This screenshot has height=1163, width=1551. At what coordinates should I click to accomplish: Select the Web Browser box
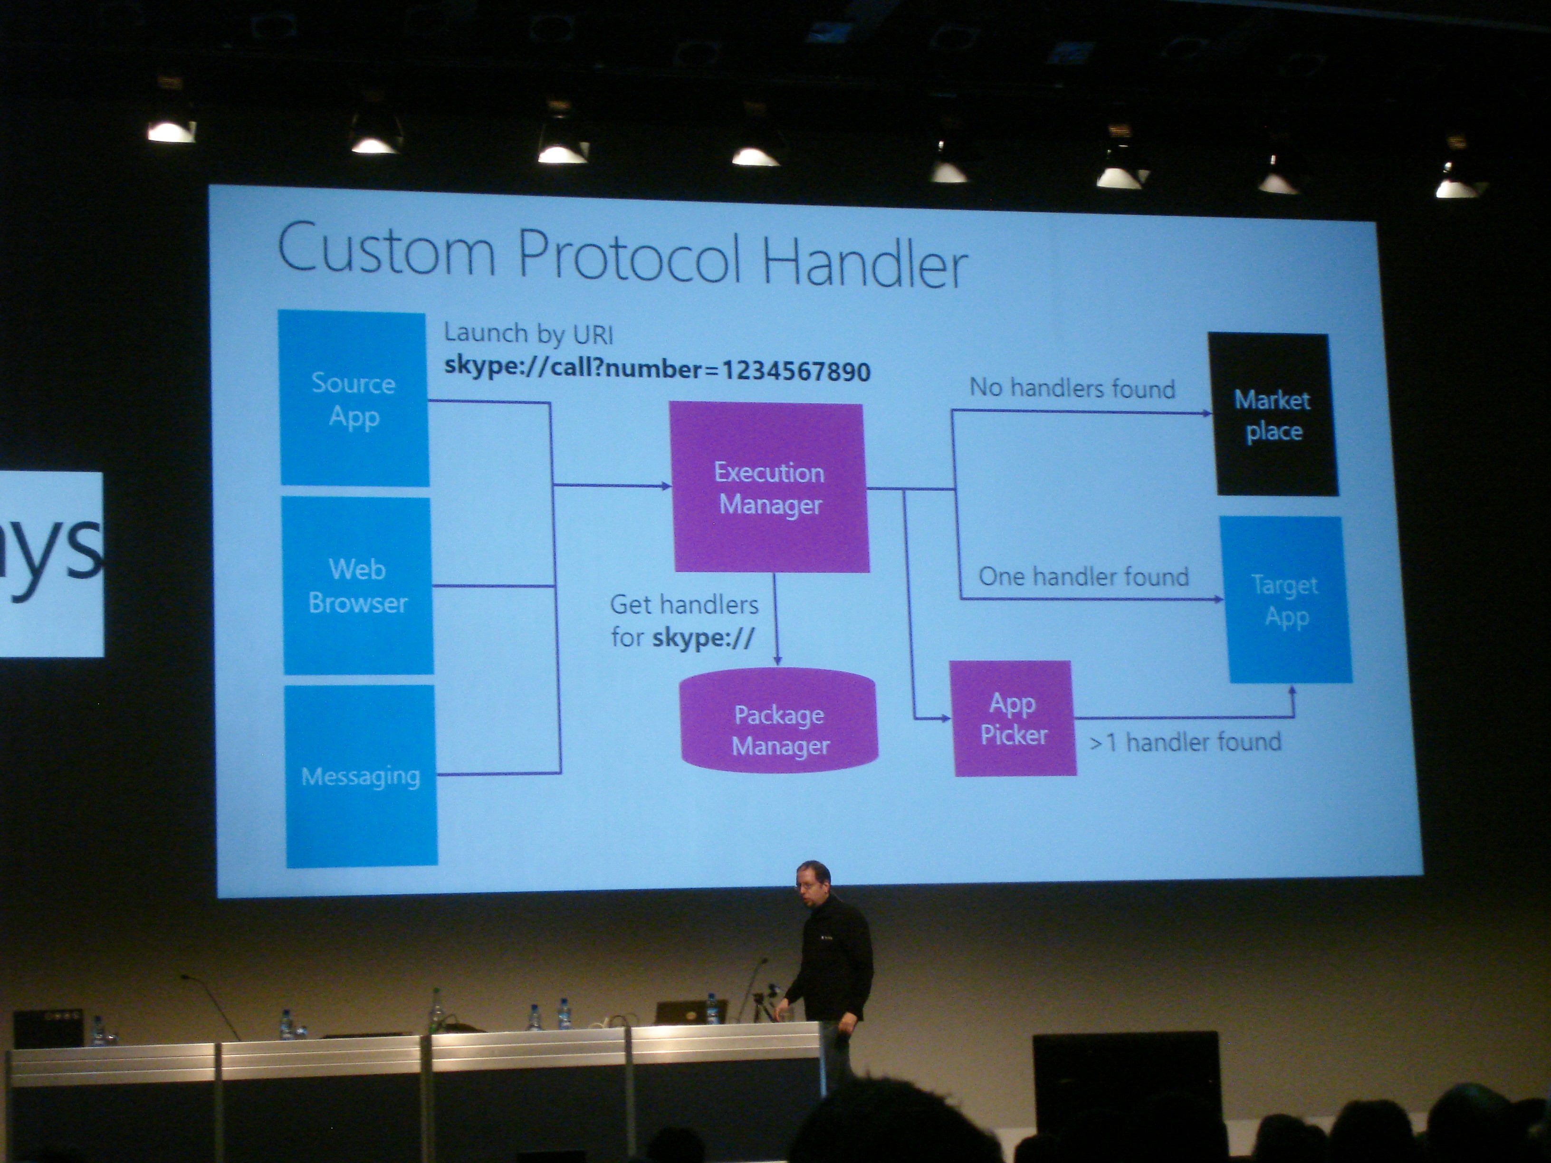[358, 586]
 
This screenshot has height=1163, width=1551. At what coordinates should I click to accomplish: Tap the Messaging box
[361, 776]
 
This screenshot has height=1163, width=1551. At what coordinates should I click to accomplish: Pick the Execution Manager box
[769, 488]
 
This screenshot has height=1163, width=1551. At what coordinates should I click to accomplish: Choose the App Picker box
[1013, 718]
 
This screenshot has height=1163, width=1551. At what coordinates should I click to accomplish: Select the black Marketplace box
[1273, 414]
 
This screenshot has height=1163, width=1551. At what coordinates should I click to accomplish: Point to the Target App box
[1286, 600]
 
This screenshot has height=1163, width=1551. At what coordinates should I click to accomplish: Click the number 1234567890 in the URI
[796, 371]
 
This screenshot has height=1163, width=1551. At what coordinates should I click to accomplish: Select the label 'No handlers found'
[1072, 388]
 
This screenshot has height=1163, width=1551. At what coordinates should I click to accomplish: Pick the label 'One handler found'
[1084, 576]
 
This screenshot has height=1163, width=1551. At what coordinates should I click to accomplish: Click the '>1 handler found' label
[1186, 742]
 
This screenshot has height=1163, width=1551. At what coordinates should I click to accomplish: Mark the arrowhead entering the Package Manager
[777, 660]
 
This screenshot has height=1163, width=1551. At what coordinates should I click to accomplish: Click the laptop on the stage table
[685, 1011]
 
